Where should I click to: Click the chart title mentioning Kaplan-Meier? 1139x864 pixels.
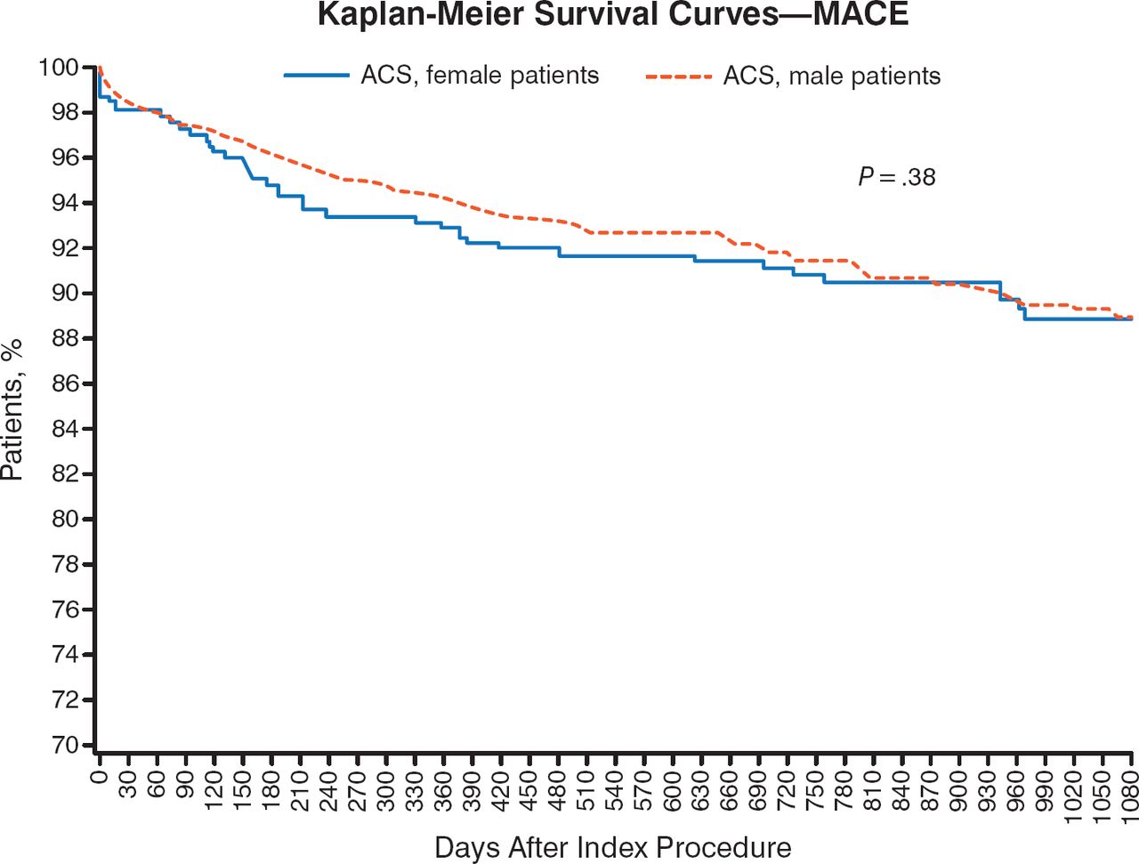(x=613, y=14)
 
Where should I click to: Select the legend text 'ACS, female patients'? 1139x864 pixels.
(x=480, y=76)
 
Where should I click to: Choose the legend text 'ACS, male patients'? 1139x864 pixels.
(x=832, y=76)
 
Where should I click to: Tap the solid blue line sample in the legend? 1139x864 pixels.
(x=316, y=76)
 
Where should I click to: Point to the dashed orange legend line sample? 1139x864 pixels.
(x=679, y=76)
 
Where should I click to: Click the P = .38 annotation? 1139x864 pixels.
(x=897, y=177)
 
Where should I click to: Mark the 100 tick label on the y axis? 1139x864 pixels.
(x=58, y=68)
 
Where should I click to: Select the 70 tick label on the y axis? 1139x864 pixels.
(x=64, y=746)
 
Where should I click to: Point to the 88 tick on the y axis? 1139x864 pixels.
(x=64, y=339)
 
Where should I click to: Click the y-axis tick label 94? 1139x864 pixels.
(x=64, y=203)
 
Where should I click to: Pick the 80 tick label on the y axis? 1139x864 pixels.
(x=64, y=520)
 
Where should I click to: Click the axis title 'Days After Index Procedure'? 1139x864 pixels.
(x=613, y=848)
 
